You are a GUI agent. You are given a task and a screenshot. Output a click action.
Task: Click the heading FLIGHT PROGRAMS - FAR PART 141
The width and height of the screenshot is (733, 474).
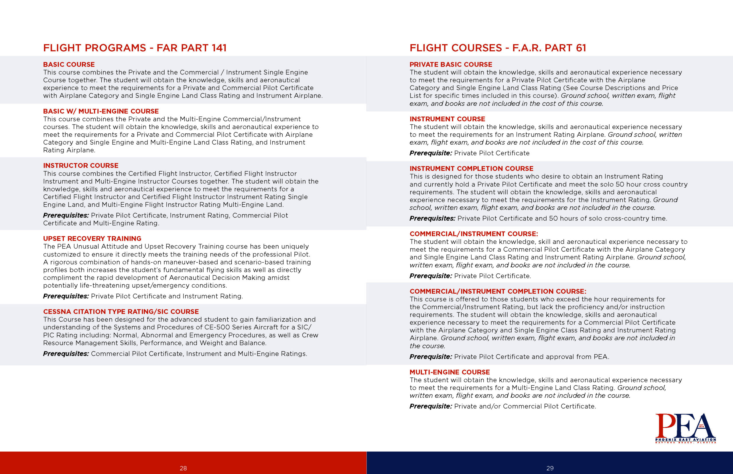(x=135, y=48)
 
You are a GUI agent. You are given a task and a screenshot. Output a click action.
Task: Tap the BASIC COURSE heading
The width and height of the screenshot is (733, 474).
(x=69, y=65)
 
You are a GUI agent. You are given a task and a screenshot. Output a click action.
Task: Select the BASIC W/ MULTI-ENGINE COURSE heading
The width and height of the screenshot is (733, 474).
(x=101, y=111)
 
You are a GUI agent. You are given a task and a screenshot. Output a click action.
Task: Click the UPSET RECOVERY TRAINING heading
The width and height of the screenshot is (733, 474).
(x=92, y=238)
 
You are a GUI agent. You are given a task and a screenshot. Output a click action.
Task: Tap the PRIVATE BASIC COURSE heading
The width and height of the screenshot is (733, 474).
(x=451, y=65)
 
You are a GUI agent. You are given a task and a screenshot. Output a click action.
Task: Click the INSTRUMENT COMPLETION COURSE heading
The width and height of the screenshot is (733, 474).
(x=471, y=169)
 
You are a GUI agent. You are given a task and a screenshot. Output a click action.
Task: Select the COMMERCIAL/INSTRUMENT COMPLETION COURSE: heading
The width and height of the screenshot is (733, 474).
(x=498, y=291)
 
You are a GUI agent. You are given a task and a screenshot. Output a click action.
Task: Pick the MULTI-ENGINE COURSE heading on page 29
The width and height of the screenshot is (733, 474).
(x=450, y=372)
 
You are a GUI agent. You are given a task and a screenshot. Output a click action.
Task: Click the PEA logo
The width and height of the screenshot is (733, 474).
(x=685, y=428)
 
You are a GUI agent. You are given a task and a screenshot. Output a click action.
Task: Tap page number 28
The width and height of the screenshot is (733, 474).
(x=183, y=468)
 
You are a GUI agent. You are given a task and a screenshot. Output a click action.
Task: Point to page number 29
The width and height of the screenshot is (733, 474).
(x=550, y=468)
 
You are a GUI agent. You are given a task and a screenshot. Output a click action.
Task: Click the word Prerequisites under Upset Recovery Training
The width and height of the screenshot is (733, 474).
(x=66, y=296)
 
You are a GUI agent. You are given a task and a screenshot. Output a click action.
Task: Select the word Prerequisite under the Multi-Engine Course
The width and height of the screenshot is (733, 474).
(x=431, y=406)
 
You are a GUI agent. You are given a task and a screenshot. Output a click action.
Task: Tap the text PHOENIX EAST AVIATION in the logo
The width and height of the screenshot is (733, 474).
(x=685, y=440)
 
